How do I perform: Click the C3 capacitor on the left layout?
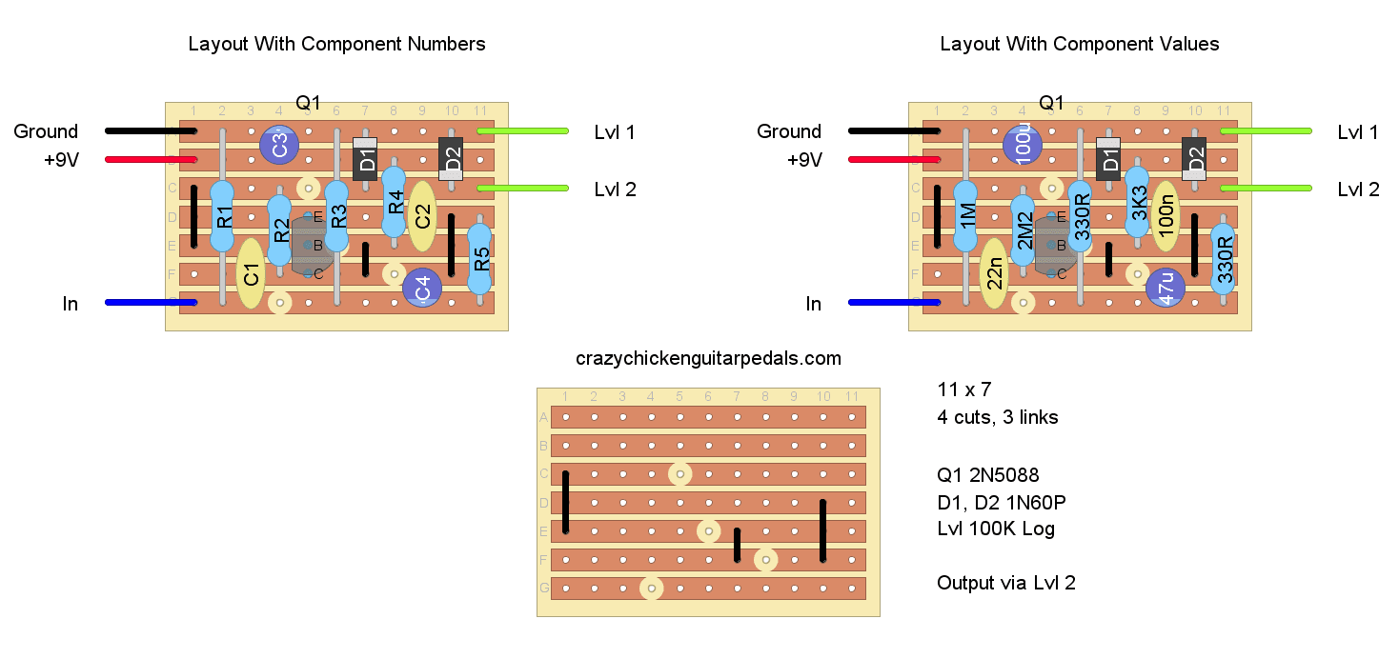click(x=278, y=146)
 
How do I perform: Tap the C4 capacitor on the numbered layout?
click(x=421, y=288)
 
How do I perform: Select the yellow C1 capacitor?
click(x=250, y=274)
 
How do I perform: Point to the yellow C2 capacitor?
click(x=421, y=217)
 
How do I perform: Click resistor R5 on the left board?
click(x=479, y=258)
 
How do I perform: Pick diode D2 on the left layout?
click(x=451, y=159)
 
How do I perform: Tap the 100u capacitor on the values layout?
click(x=1022, y=146)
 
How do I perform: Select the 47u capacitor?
click(x=1165, y=288)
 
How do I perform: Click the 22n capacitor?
click(x=993, y=274)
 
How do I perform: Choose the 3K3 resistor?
click(x=1136, y=203)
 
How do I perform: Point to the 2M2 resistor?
click(x=1022, y=230)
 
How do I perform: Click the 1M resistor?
click(x=965, y=216)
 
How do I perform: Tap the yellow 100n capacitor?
click(x=1165, y=217)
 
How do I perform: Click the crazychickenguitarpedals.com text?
click(x=708, y=359)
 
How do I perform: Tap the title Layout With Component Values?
click(x=1079, y=44)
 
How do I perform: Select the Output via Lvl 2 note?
click(x=1006, y=583)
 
